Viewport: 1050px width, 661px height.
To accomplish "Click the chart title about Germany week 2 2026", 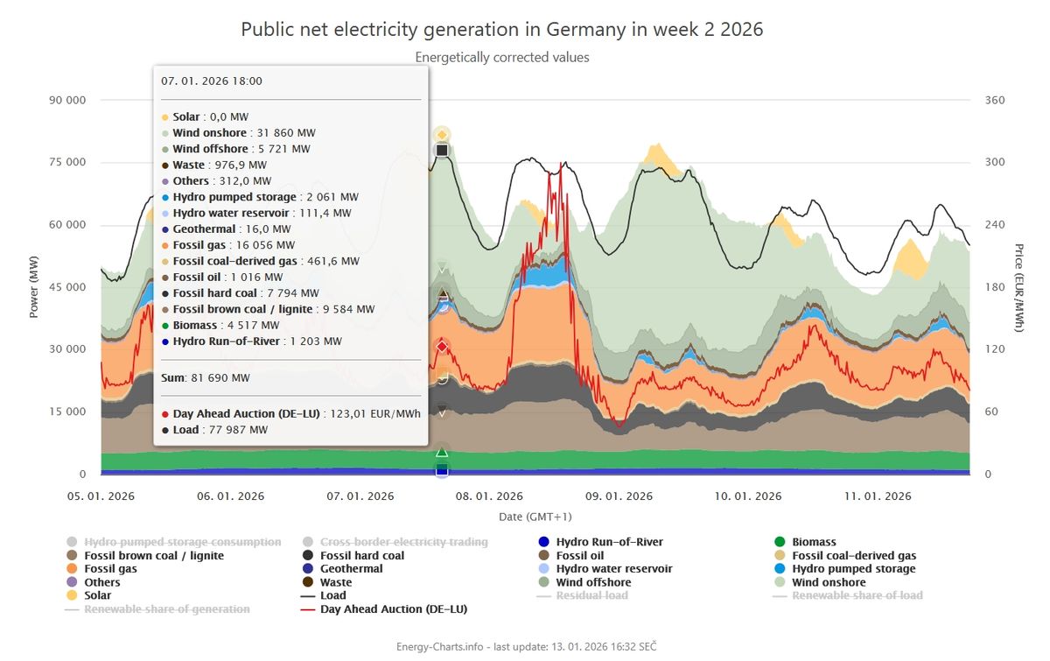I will (x=502, y=30).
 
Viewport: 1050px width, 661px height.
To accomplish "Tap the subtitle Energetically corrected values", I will (x=502, y=58).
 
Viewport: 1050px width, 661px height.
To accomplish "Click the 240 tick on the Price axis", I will (x=994, y=225).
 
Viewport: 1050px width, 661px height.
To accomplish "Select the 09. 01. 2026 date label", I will (x=619, y=496).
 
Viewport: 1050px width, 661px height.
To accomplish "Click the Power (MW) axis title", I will (x=34, y=286).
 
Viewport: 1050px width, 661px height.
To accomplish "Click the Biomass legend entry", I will (x=814, y=543).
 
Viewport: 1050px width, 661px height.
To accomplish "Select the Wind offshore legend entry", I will (x=593, y=582).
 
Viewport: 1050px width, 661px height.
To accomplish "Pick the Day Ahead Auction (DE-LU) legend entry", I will (x=393, y=608).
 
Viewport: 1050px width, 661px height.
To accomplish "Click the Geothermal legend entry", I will (x=353, y=569).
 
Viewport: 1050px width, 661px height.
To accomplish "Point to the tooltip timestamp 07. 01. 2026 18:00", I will (x=212, y=81).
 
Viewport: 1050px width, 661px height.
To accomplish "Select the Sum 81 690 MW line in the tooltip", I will (x=206, y=378).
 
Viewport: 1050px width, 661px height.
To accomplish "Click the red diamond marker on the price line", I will (x=442, y=348).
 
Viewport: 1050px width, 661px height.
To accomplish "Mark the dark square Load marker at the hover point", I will (x=442, y=151).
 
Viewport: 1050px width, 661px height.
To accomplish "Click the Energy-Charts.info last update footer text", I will (x=526, y=646).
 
